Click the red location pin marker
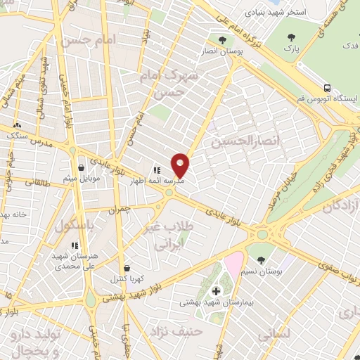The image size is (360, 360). click(x=181, y=165)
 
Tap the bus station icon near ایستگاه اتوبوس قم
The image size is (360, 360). click(x=328, y=88)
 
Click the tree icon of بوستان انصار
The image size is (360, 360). click(x=223, y=40)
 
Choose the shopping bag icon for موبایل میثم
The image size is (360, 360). click(x=82, y=168)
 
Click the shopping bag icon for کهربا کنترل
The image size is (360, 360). click(x=127, y=268)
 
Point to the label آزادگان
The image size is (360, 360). click(x=340, y=207)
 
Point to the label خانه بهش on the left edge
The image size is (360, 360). click(x=13, y=214)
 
